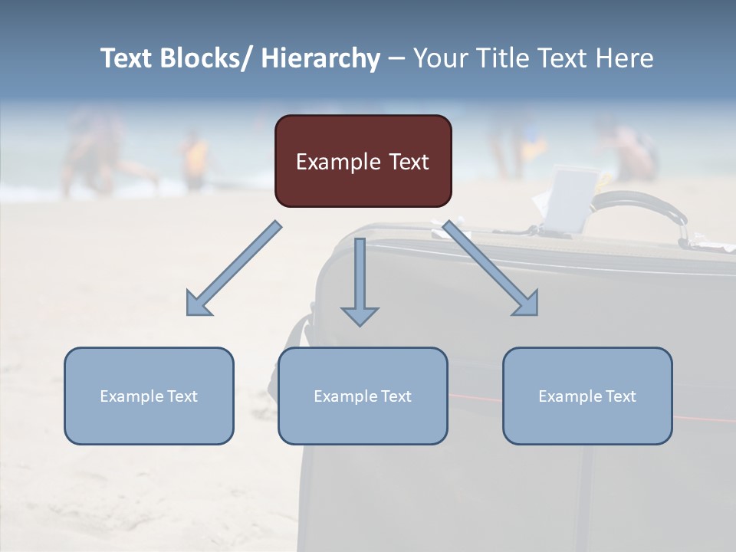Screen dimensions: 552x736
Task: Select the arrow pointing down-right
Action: coord(491,268)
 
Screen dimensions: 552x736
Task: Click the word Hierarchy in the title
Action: coord(320,58)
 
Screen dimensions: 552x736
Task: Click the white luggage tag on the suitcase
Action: coord(568,199)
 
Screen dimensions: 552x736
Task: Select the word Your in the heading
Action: coord(439,58)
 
